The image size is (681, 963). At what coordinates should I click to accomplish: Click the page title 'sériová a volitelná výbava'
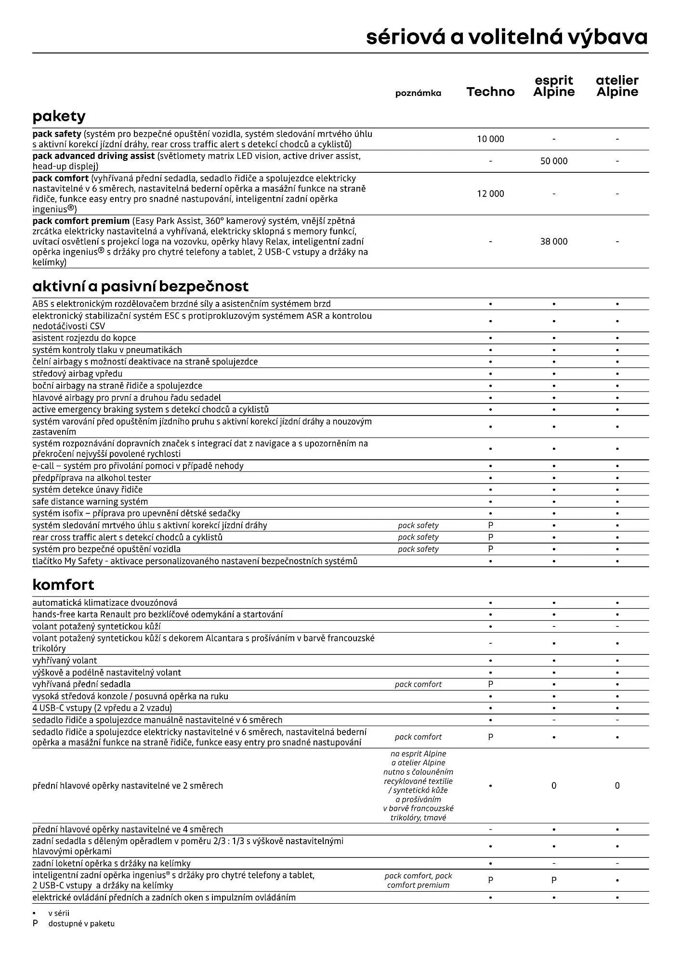(x=507, y=38)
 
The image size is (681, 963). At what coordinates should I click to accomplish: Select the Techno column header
(x=490, y=92)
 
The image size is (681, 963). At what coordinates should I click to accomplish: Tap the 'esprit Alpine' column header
(x=554, y=87)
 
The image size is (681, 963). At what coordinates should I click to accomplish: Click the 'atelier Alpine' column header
(x=617, y=87)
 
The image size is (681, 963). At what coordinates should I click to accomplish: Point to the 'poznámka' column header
(x=418, y=93)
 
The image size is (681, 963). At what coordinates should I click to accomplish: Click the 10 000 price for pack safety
(x=490, y=139)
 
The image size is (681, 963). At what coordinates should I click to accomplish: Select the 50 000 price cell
(x=554, y=161)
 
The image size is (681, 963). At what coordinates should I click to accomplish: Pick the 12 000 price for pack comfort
(x=490, y=194)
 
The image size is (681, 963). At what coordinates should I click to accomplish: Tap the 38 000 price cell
(x=554, y=241)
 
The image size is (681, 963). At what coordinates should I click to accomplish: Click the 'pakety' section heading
(x=59, y=116)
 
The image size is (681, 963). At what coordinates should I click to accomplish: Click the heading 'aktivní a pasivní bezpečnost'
(x=140, y=286)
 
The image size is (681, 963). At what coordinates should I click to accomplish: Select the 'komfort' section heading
(x=63, y=585)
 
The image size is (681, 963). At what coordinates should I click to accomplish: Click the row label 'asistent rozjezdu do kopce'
(x=84, y=338)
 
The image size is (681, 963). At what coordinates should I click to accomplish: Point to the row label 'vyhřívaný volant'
(x=65, y=661)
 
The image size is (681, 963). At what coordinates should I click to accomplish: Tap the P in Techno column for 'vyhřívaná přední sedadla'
(x=490, y=684)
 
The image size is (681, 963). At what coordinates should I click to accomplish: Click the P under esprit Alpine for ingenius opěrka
(x=554, y=880)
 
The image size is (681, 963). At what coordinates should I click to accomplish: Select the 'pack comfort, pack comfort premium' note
(x=418, y=880)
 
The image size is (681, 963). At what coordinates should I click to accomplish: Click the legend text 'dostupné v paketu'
(x=81, y=924)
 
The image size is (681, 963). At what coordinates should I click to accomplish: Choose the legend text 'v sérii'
(x=59, y=913)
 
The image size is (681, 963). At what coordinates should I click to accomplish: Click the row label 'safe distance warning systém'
(x=90, y=502)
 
